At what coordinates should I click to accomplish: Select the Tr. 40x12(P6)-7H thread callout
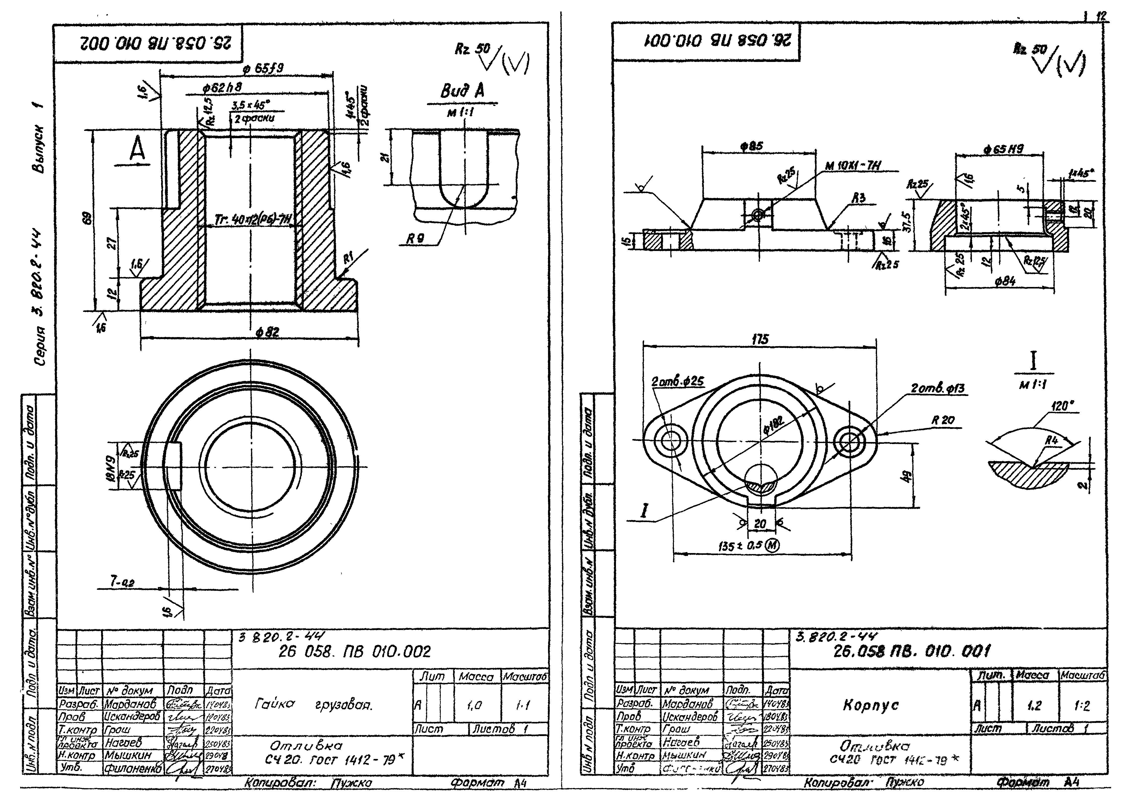253,219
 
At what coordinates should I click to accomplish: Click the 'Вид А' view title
462,91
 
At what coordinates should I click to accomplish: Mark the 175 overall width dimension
760,339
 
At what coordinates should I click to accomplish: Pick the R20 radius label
943,420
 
